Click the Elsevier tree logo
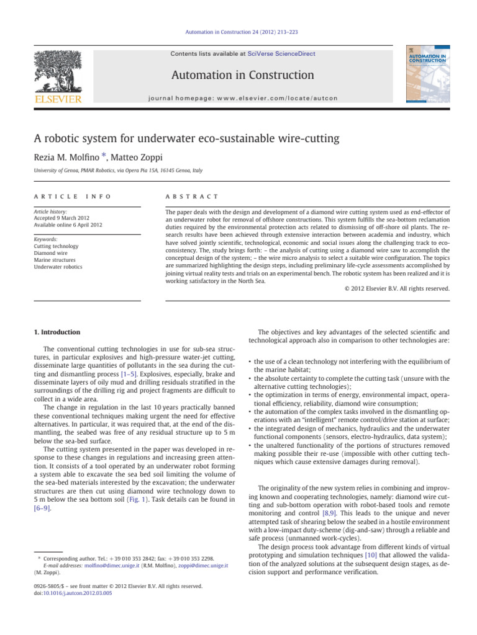coord(57,69)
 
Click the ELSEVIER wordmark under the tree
coord(57,99)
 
